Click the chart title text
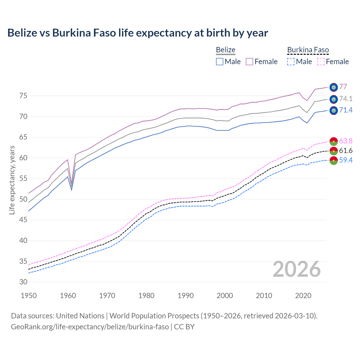coord(138,33)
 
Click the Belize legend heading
coord(226,50)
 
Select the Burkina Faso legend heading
coord(308,50)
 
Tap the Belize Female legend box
coord(249,62)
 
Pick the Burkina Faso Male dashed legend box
coord(291,62)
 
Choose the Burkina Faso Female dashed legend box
coord(321,62)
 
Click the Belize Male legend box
coord(220,62)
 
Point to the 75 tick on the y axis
coord(23,96)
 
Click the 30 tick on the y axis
coord(23,282)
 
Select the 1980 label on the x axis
coord(147,296)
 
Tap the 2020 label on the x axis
coord(303,296)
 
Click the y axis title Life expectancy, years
coord(12,180)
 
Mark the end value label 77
coord(343,87)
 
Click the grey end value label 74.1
coord(346,99)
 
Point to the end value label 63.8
coord(346,141)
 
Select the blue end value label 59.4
coord(346,160)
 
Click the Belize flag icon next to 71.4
coord(334,111)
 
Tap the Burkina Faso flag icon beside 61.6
coord(334,151)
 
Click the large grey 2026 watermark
coord(297,269)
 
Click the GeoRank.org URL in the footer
coord(90,327)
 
